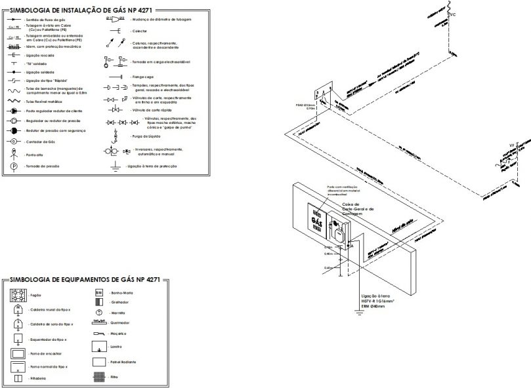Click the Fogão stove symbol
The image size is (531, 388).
[18, 296]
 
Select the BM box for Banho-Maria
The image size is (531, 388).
[99, 292]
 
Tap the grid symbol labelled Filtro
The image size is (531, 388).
[99, 378]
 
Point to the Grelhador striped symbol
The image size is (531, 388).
[99, 303]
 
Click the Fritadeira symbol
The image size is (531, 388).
[18, 378]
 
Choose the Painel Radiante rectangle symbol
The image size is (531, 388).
[99, 361]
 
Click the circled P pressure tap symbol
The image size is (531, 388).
[13, 166]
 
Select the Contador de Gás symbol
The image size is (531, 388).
[13, 141]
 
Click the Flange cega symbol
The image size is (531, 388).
[116, 77]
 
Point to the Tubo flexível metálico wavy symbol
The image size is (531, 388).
[13, 102]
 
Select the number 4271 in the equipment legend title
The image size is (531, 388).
[148, 279]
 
